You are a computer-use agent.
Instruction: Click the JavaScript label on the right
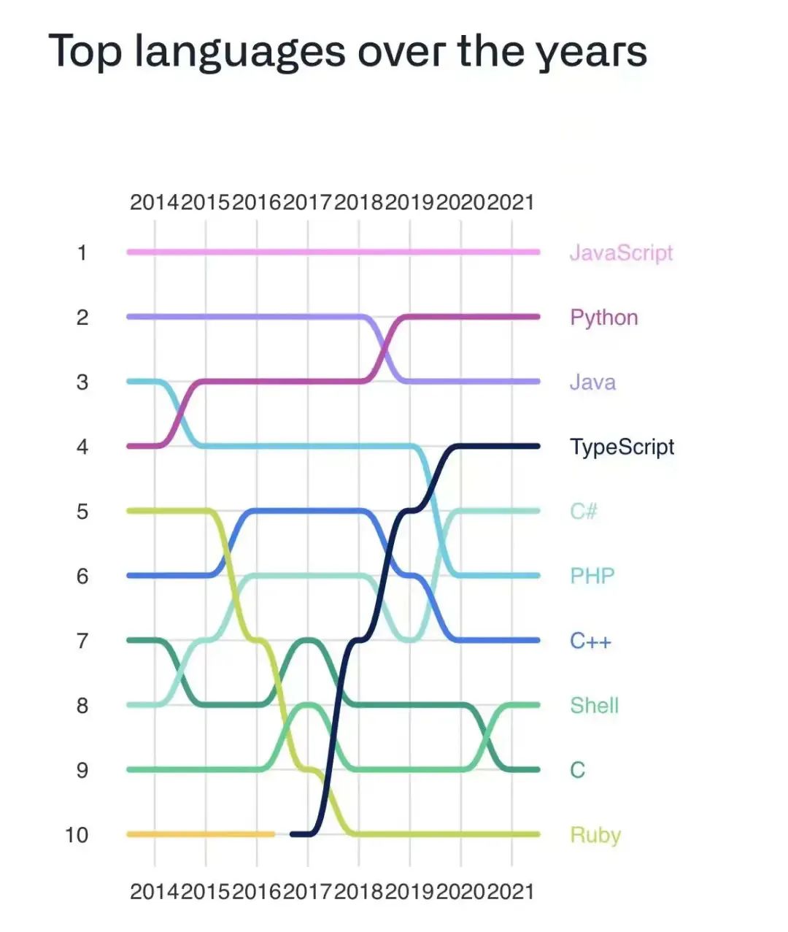click(x=621, y=253)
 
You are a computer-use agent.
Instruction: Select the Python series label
click(x=604, y=317)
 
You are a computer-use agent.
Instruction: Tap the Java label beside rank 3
click(x=592, y=382)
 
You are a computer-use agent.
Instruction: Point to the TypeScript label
click(x=622, y=447)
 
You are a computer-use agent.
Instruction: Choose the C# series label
click(x=584, y=511)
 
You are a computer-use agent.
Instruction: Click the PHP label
click(x=592, y=576)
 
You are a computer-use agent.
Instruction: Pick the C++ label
click(x=590, y=641)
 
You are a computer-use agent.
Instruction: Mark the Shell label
click(x=594, y=705)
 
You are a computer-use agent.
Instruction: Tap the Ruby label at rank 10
click(x=595, y=834)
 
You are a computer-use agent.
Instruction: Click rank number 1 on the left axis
click(x=82, y=253)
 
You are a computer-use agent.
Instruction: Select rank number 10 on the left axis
click(x=77, y=834)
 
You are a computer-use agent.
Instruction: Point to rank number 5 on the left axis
click(x=82, y=511)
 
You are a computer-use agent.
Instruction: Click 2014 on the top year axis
click(x=155, y=202)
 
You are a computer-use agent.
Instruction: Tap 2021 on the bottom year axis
click(x=511, y=891)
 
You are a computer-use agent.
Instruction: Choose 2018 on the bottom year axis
click(x=358, y=891)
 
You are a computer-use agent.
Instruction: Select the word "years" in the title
click(x=591, y=53)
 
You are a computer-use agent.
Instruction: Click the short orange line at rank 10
click(x=201, y=833)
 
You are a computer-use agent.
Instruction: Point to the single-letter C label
click(x=577, y=770)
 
